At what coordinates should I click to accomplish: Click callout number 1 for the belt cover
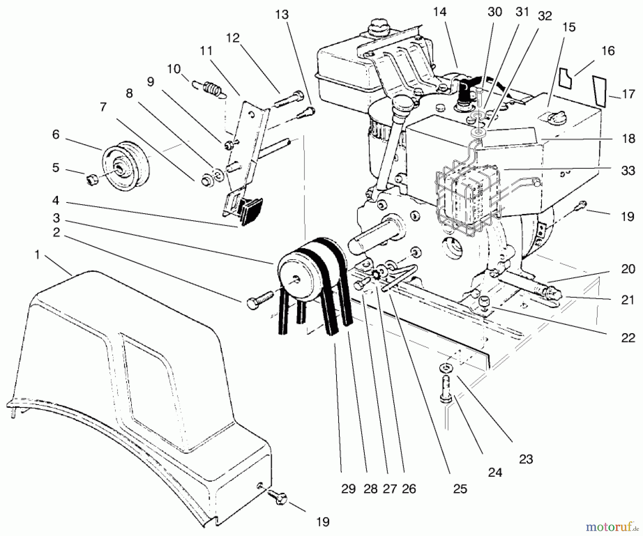click(x=36, y=255)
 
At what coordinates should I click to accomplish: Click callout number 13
click(x=282, y=15)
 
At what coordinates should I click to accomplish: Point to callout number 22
click(x=628, y=337)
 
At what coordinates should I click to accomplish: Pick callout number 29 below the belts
click(x=348, y=489)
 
